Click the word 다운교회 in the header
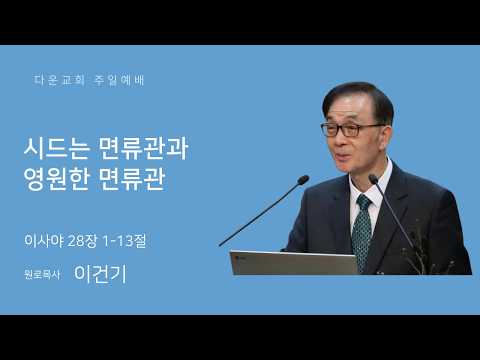59,80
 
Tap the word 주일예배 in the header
119,80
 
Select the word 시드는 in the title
57,148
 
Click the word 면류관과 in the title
144,148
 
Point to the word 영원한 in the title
57,180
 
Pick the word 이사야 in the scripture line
44,241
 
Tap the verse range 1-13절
124,241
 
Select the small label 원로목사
42,274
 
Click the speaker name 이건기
100,274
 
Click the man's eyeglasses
350,129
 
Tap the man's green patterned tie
362,230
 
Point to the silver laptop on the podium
293,263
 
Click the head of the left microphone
303,180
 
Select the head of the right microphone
373,179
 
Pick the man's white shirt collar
371,187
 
